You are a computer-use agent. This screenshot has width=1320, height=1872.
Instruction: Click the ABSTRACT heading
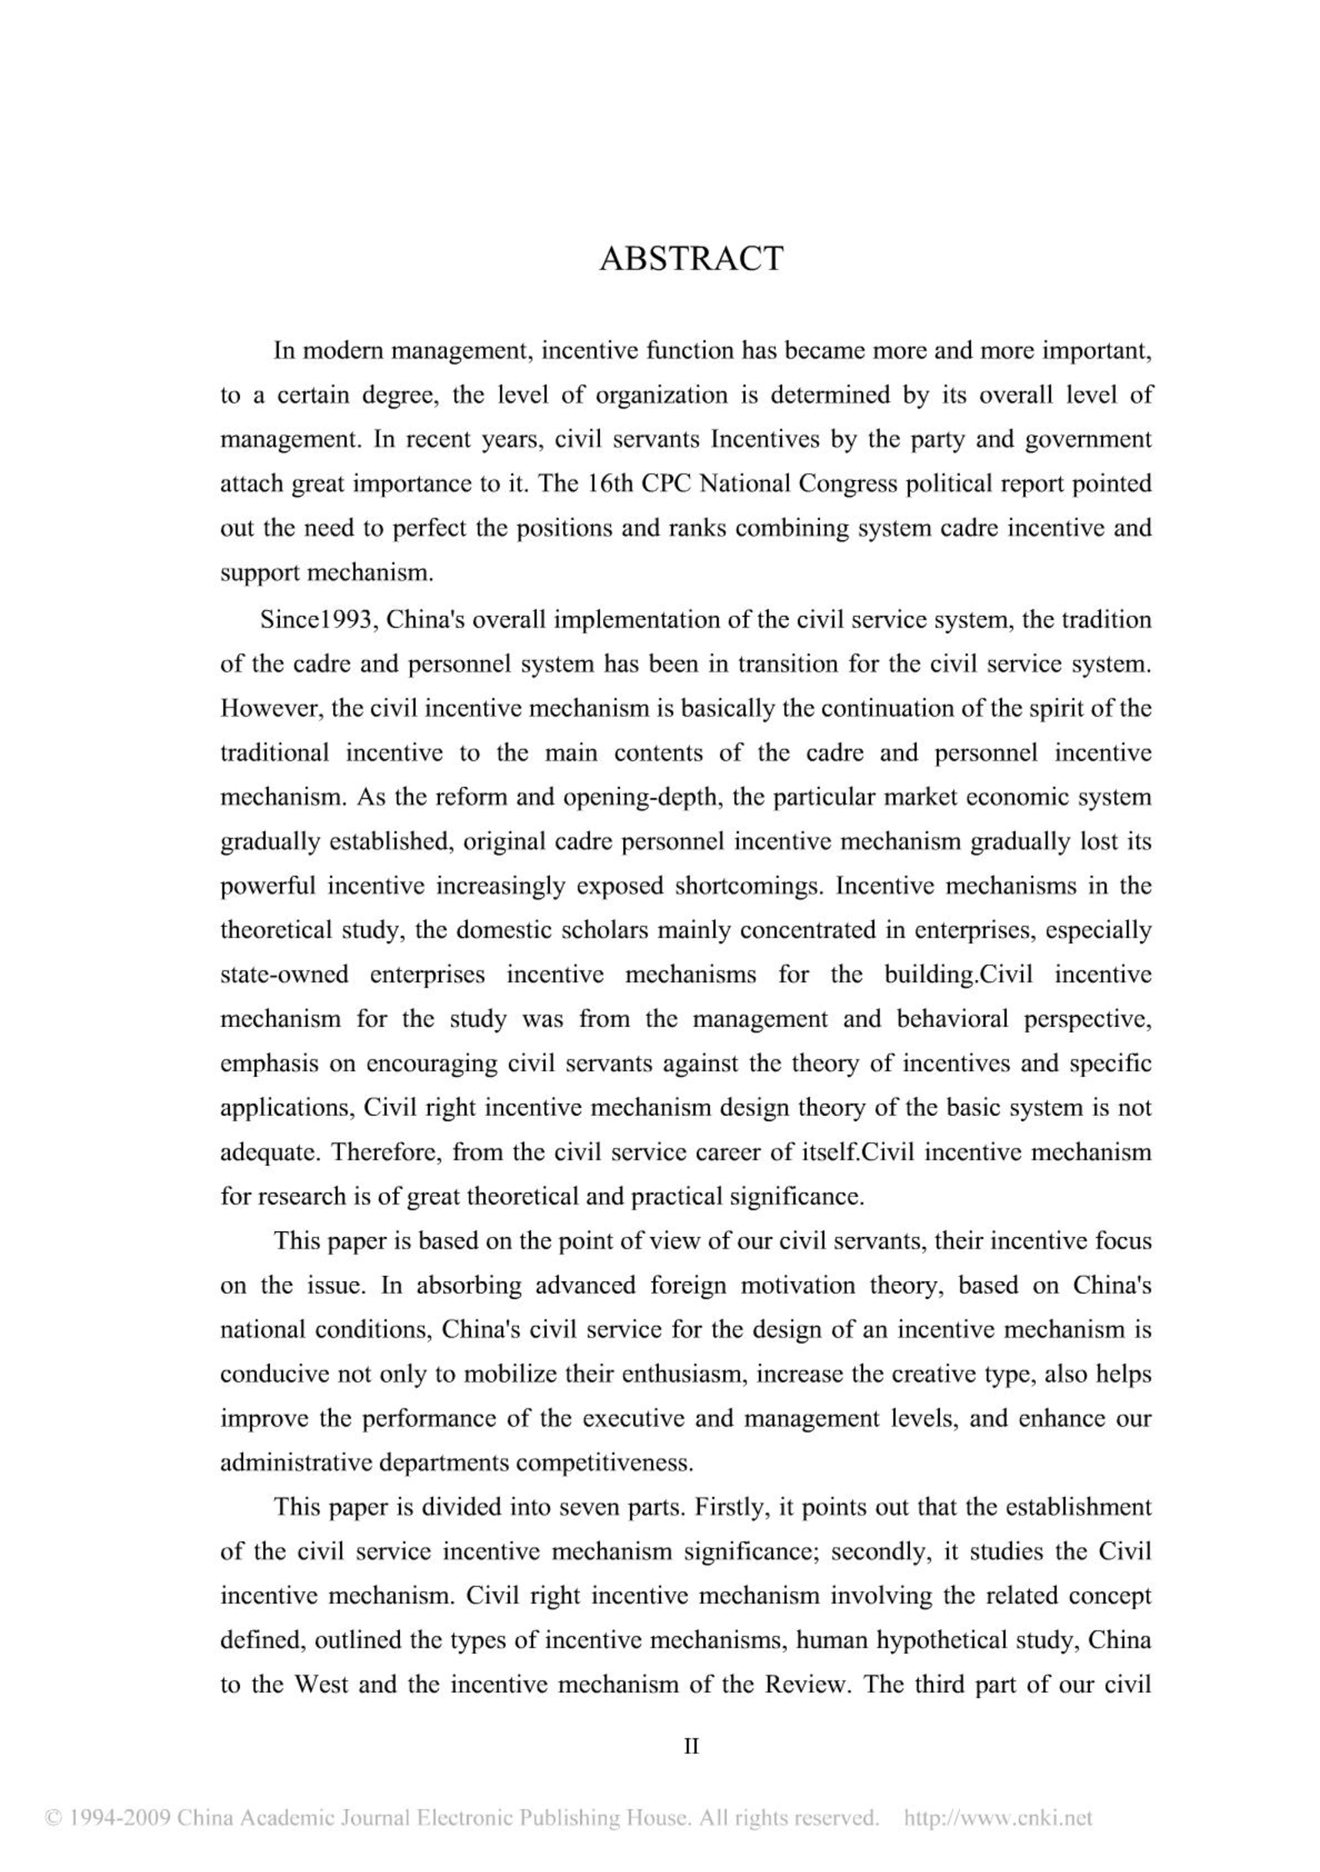691,259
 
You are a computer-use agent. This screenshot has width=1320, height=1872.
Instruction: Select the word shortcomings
747,886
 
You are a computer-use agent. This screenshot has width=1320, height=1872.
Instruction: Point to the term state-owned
284,974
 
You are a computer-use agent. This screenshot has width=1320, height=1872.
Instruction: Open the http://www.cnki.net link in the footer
997,1818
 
